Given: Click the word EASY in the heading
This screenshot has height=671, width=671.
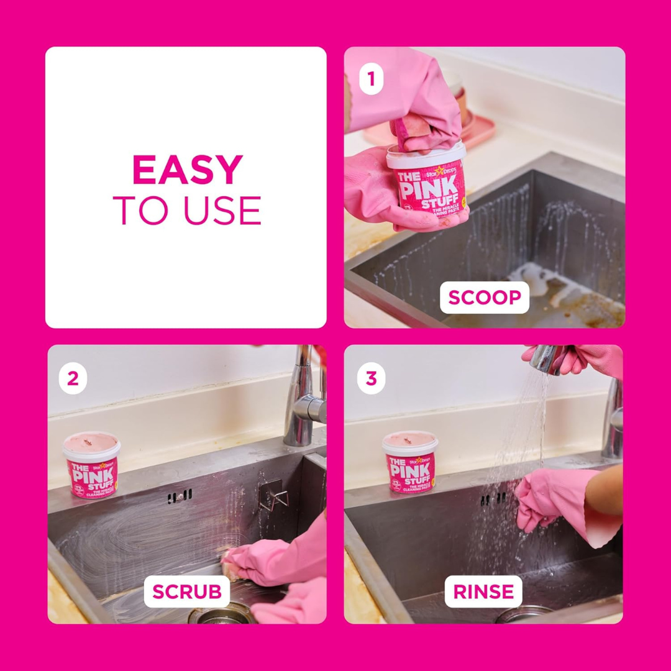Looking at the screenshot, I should point(187,170).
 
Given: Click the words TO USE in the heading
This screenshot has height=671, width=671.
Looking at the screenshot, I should point(187,211).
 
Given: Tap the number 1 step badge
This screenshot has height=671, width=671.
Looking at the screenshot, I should point(371,80).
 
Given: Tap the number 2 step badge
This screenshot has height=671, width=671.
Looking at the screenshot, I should point(73,379).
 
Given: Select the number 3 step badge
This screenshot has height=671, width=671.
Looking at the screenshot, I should point(371,379).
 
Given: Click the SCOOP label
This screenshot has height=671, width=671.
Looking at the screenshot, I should point(485,298).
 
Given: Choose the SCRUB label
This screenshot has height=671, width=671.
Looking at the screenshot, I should point(186,592).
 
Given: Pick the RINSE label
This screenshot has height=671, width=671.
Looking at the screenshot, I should point(483,592).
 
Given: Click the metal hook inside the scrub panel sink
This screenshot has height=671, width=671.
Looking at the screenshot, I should point(273,493).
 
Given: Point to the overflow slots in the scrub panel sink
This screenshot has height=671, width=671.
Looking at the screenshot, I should point(180,496).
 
